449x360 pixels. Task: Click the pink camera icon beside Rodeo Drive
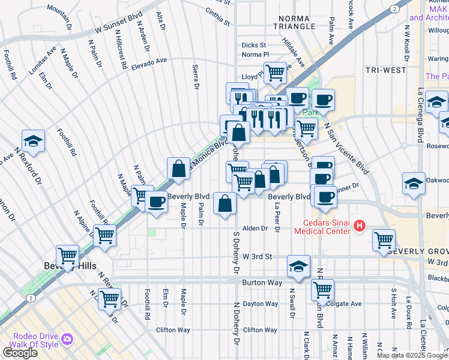[x=67, y=340]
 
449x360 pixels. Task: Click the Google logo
[x=19, y=353]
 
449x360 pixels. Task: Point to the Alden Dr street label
[x=255, y=229]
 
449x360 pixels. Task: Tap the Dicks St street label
[x=253, y=45]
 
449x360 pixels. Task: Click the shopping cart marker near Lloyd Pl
[x=275, y=73]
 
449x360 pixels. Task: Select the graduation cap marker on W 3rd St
[x=298, y=266]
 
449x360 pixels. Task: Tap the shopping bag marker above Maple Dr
[x=179, y=168]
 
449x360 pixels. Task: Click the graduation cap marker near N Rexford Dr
[x=34, y=141]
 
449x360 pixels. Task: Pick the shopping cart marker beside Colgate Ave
[x=322, y=290]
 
